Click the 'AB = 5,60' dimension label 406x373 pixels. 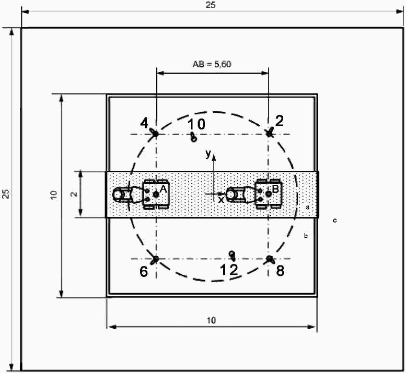212,64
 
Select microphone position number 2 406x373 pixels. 279,121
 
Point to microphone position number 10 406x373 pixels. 197,125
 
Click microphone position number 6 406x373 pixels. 144,272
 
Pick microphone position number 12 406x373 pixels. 229,270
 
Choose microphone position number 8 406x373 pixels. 280,271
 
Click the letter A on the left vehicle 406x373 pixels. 163,189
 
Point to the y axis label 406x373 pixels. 208,154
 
